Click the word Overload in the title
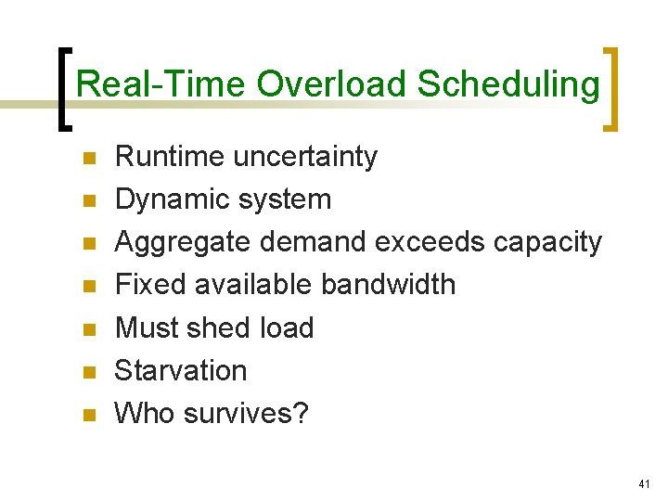coord(331,84)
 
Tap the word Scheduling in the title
coord(508,84)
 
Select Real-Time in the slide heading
coord(161,84)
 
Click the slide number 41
coord(646,484)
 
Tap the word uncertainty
coord(305,157)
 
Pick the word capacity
coord(547,242)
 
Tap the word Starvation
coord(180,370)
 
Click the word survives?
coord(246,413)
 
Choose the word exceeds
coord(430,242)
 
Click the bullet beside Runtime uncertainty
coord(89,159)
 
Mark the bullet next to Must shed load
coord(89,329)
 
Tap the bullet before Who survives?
coord(89,415)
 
